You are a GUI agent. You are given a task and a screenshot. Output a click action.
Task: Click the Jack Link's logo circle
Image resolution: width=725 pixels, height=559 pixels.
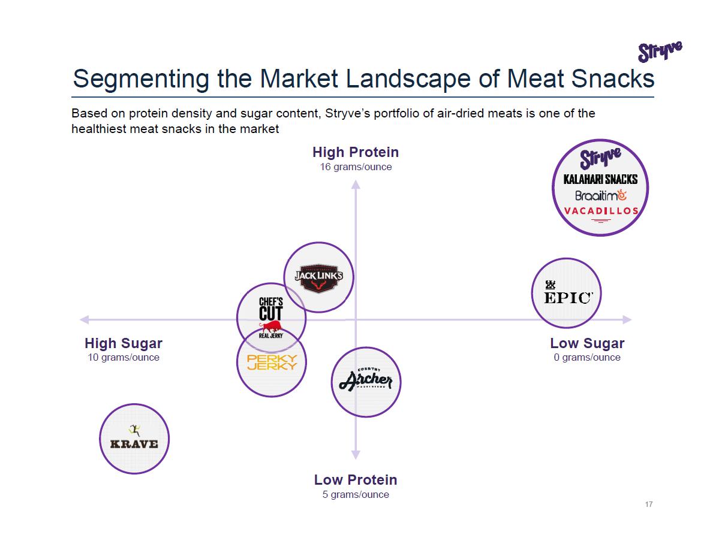(318, 277)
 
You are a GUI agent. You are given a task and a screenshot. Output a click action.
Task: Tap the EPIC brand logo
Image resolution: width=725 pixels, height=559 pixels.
(567, 293)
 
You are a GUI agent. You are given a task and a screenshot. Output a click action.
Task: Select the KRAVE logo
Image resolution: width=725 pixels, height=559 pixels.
(134, 439)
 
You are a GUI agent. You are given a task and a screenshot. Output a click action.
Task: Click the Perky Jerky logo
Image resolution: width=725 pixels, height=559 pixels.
(272, 362)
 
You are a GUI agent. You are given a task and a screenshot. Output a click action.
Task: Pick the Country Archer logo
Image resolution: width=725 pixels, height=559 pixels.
(366, 382)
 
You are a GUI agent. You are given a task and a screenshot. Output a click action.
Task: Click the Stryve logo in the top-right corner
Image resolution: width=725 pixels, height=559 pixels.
(660, 52)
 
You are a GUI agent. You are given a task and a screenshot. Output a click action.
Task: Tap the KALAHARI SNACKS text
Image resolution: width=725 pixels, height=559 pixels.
(600, 179)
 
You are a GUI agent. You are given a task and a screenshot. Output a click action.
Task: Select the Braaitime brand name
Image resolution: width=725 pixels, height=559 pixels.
(600, 195)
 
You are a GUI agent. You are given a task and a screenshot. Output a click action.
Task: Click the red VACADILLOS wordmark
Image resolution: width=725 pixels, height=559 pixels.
(601, 210)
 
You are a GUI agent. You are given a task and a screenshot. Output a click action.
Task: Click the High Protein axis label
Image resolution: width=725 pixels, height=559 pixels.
(356, 152)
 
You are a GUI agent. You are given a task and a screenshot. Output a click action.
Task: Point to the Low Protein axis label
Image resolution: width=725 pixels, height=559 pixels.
(356, 480)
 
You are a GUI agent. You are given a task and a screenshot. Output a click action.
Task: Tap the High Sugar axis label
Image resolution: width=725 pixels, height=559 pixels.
(124, 343)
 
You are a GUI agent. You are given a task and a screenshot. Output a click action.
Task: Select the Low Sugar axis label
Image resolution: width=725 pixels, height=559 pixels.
(587, 343)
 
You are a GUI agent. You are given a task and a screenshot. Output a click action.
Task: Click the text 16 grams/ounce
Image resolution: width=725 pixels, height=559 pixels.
(356, 167)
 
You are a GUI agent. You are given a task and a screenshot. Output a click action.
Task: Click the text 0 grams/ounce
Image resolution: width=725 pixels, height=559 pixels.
(587, 358)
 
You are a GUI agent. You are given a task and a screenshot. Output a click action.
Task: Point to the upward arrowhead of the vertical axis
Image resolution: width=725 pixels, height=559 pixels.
(356, 185)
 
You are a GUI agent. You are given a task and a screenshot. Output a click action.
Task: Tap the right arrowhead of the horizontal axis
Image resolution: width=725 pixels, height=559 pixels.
(627, 319)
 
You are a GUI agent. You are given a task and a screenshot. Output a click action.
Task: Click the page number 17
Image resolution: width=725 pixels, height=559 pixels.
(649, 504)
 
